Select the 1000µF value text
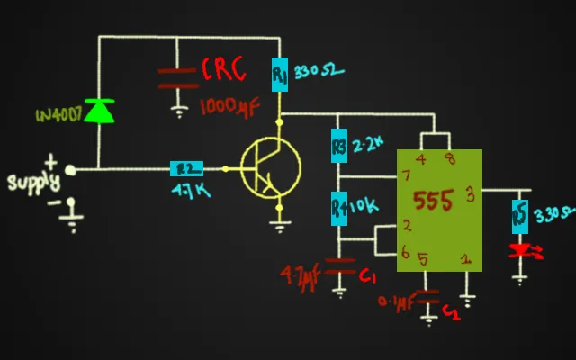click(x=229, y=106)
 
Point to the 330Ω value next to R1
click(x=319, y=72)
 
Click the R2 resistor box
click(x=187, y=168)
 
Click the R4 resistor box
click(x=339, y=208)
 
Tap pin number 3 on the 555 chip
click(x=470, y=192)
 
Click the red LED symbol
click(x=521, y=250)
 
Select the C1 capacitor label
click(x=367, y=278)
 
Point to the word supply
click(x=33, y=183)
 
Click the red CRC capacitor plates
click(x=178, y=77)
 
